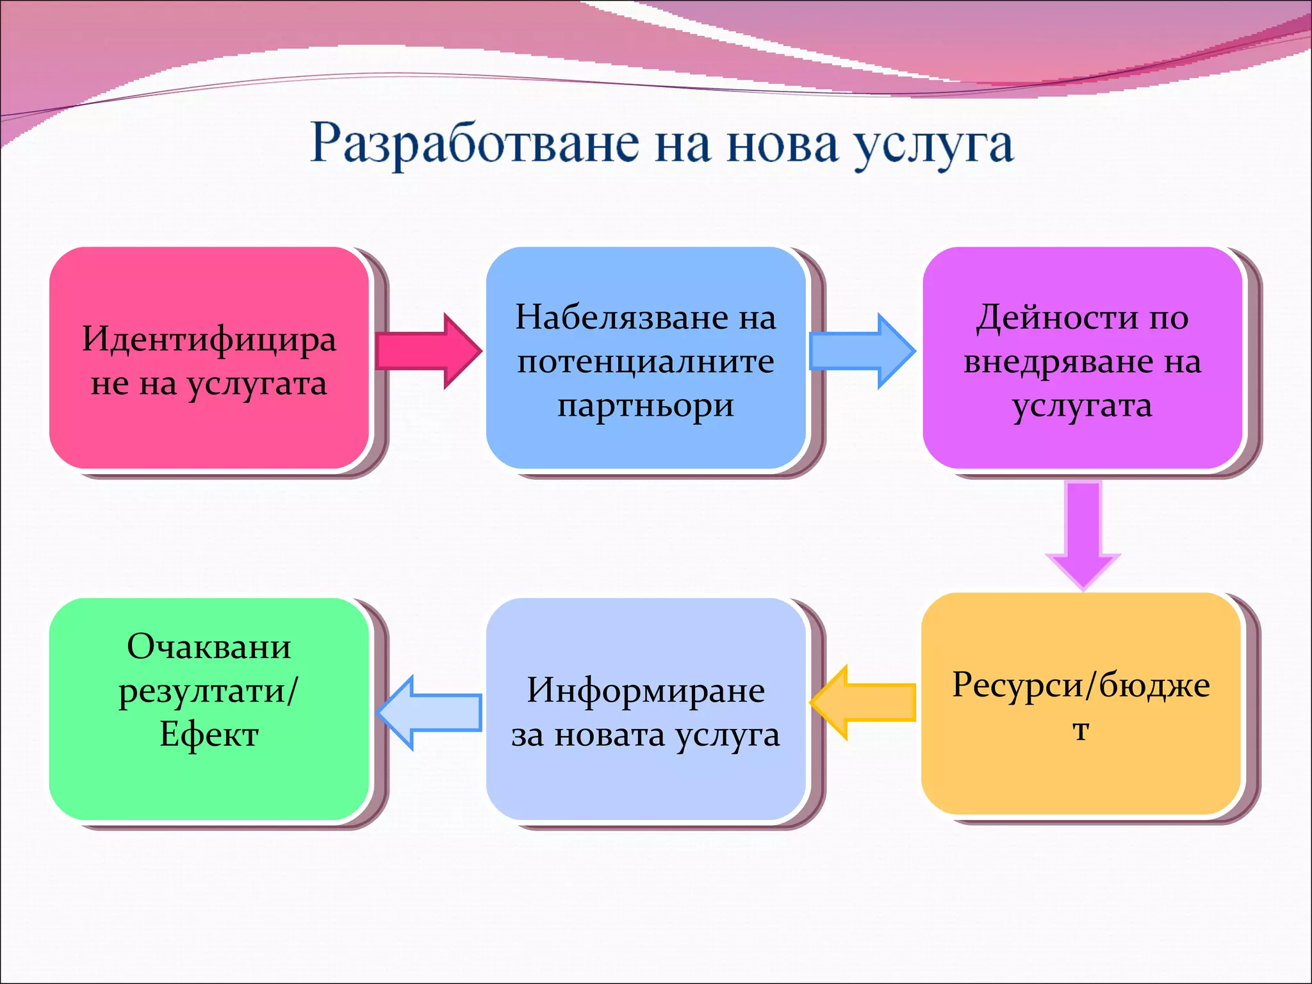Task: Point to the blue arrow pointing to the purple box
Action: coord(862,351)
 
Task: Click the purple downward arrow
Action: coord(1083,532)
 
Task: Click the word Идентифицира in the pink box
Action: coord(209,340)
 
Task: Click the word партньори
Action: coord(645,406)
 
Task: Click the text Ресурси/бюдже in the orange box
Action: coord(1081,685)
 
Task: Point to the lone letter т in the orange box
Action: coord(1081,730)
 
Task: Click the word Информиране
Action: coord(645,691)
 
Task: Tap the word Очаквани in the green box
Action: coord(209,646)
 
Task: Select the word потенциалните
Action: coord(645,362)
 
